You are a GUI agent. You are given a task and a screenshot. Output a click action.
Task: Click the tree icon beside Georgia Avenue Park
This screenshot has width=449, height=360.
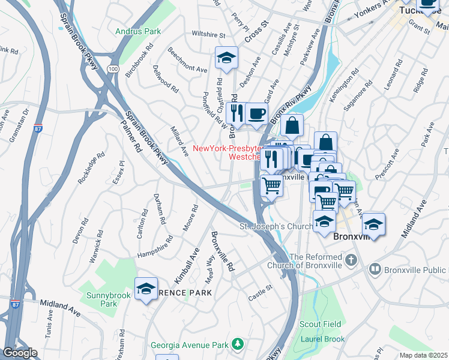tap(238, 344)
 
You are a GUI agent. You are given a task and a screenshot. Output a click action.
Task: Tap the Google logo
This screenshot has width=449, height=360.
tap(20, 353)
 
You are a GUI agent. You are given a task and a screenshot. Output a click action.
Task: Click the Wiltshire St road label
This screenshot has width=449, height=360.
tap(208, 35)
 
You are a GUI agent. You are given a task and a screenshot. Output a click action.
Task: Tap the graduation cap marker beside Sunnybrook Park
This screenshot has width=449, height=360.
tap(146, 289)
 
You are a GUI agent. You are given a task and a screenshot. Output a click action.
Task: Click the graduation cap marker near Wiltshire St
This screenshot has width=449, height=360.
tap(226, 58)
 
